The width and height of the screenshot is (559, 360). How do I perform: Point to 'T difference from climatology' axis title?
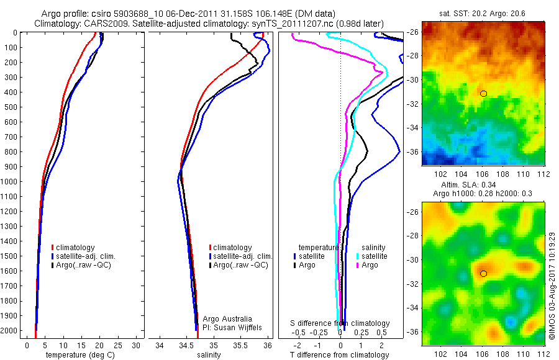(340, 355)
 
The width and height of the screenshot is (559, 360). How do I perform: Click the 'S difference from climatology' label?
(340, 323)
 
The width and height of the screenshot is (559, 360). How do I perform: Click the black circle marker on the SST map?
(483, 93)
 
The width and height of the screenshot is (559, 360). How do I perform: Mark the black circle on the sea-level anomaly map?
(483, 273)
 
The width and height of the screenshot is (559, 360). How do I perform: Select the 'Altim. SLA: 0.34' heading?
(483, 185)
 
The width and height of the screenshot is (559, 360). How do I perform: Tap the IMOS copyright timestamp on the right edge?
(552, 286)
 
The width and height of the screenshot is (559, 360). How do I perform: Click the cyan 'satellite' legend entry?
(373, 256)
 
